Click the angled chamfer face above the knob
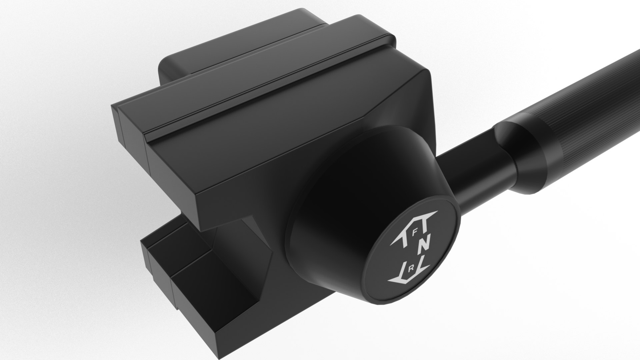pyautogui.click(x=393, y=100)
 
